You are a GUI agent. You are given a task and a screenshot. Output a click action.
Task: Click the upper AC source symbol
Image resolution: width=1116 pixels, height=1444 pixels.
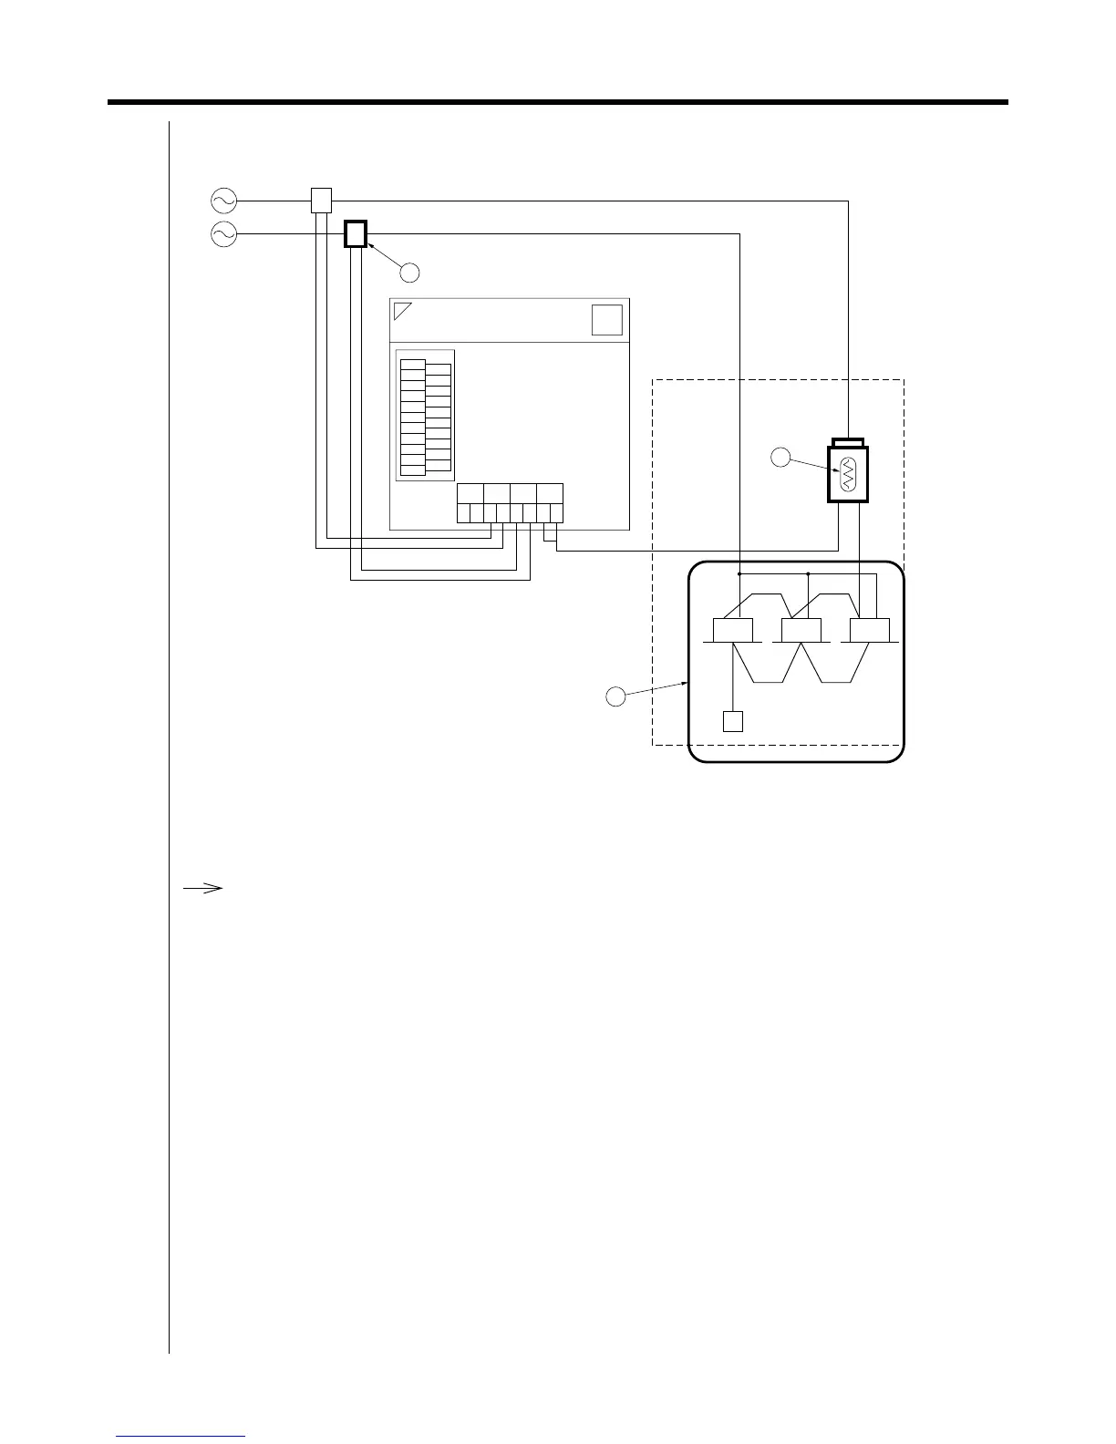pos(223,200)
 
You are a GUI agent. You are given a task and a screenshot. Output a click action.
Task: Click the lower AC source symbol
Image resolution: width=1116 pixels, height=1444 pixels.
pos(223,235)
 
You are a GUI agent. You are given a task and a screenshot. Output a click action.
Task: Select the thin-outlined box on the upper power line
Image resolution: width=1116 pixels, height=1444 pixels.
pos(321,200)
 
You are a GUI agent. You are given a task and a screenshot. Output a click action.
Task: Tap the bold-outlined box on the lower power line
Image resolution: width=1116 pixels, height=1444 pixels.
pos(356,234)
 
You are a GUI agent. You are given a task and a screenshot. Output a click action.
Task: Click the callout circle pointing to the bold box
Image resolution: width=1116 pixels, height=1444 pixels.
pos(410,272)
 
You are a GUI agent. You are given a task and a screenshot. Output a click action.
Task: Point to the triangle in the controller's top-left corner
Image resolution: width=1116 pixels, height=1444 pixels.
pos(401,310)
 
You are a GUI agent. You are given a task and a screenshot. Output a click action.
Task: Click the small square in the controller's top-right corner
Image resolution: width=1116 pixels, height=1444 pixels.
pos(607,320)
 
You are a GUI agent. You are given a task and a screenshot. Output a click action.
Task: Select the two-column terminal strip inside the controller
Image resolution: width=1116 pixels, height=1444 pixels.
pos(426,415)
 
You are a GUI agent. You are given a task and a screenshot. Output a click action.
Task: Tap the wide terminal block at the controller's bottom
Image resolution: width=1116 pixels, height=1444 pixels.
pos(510,502)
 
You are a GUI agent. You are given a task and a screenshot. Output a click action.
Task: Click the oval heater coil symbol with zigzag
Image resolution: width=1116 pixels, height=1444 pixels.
pos(848,474)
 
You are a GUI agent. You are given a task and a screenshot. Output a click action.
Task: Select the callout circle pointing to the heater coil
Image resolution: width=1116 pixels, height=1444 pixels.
pos(780,458)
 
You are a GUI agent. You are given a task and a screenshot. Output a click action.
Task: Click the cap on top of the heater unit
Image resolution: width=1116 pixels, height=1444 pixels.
pos(848,442)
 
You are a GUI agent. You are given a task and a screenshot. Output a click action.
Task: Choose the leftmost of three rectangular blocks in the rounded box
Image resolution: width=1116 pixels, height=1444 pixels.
pos(733,630)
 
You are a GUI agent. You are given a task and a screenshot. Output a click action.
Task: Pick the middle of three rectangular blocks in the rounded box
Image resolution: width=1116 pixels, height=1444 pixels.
pos(801,630)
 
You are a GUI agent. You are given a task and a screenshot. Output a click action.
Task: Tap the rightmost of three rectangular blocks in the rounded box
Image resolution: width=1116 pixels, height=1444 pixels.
pos(870,630)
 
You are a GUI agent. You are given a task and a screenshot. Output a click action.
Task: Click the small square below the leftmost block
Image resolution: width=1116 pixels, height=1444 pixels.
pos(733,721)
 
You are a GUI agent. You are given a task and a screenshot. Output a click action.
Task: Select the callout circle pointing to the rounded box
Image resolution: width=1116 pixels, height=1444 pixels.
pos(616,696)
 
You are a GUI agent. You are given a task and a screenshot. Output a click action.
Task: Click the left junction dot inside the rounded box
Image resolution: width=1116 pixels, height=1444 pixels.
pos(739,574)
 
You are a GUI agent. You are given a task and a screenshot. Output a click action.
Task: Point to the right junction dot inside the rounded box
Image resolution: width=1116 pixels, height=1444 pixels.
pos(809,574)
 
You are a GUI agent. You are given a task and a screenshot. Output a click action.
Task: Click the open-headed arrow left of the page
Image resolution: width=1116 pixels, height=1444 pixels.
pos(203,887)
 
